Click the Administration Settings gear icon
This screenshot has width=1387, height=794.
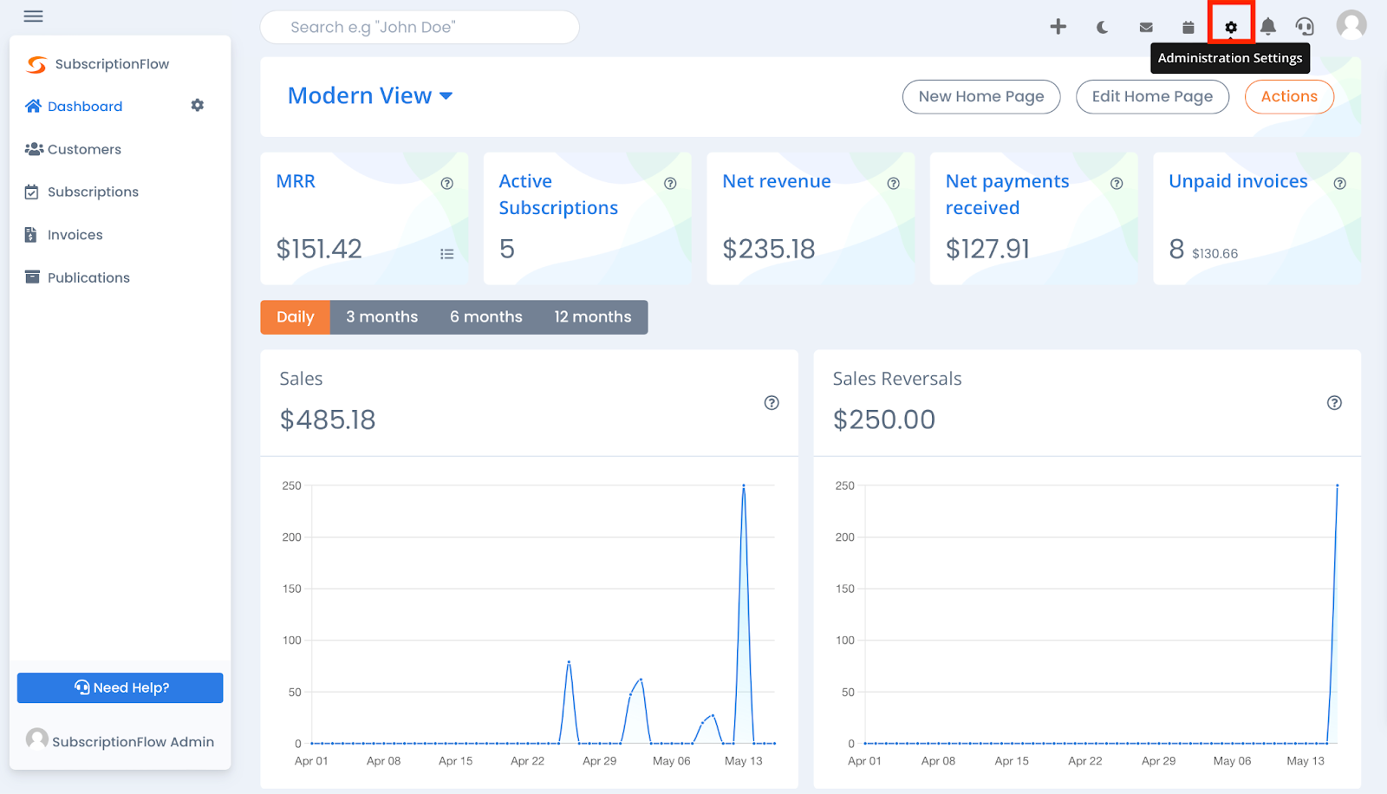point(1230,27)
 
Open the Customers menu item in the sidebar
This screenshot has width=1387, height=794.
point(84,149)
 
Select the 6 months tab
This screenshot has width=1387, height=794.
point(485,317)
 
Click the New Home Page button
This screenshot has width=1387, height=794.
point(980,96)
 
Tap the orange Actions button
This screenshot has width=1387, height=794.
point(1288,96)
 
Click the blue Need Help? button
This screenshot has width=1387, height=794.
point(120,687)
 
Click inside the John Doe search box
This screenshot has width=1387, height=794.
point(419,27)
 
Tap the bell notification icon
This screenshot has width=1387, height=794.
point(1267,27)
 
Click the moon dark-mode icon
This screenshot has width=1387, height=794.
point(1102,27)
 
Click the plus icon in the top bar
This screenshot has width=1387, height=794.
point(1058,27)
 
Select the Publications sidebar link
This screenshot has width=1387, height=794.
point(88,277)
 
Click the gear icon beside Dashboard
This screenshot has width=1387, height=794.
point(198,105)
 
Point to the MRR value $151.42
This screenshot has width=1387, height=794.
point(318,250)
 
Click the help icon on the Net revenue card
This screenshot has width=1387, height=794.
point(893,184)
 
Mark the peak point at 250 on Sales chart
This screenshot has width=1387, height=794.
point(743,485)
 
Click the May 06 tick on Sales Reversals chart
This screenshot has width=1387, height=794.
point(1232,761)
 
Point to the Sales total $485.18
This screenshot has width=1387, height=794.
point(327,420)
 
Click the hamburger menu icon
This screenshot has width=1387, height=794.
point(33,16)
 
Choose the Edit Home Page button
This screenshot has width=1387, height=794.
point(1151,96)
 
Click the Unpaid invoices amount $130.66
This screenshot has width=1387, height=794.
point(1214,254)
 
